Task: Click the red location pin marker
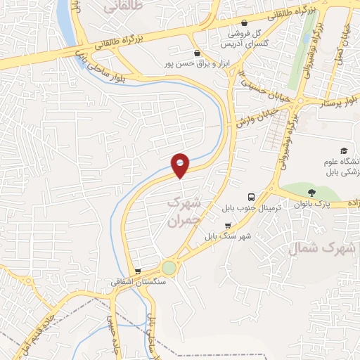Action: [x=181, y=165]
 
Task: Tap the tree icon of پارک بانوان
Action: [x=312, y=192]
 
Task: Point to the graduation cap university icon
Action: [x=344, y=150]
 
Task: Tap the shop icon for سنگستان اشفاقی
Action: [x=138, y=271]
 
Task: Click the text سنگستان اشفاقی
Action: [x=138, y=282]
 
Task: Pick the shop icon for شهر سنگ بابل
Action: [x=227, y=226]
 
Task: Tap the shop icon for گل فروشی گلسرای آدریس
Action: [x=244, y=22]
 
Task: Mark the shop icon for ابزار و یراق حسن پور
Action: [x=196, y=53]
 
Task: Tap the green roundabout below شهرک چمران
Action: [x=169, y=268]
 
